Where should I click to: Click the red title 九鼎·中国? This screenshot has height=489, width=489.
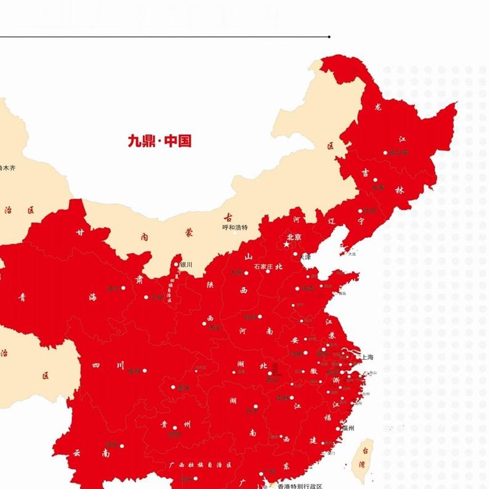tap(160, 141)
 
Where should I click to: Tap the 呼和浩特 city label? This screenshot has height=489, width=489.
tap(235, 227)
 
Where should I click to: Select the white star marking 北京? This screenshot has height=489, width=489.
tap(286, 244)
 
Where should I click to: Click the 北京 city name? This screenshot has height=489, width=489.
tap(294, 237)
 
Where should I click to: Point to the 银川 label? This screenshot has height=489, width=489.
tap(186, 264)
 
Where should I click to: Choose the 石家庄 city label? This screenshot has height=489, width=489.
tap(254, 266)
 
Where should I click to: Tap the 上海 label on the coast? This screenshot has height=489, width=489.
tap(366, 357)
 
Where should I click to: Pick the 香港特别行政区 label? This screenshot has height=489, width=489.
tap(299, 485)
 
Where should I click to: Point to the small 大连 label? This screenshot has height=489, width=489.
tap(352, 254)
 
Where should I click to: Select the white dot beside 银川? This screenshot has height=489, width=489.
tap(176, 264)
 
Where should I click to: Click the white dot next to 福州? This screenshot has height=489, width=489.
tap(338, 428)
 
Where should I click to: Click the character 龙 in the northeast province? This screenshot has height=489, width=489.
tap(378, 107)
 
